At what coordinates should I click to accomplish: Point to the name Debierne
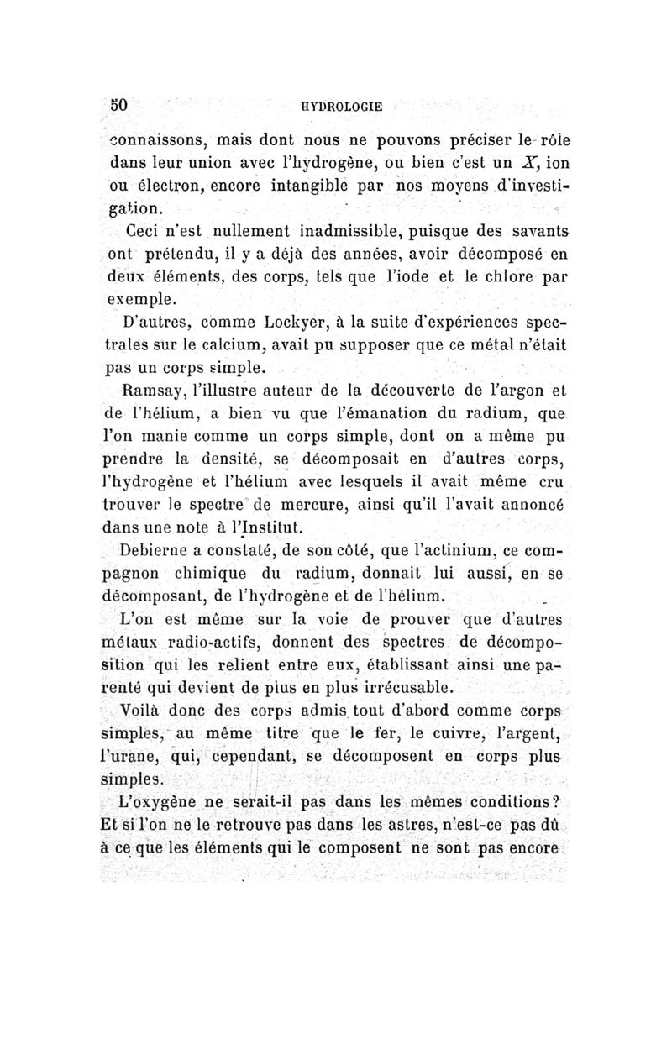[160, 552]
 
